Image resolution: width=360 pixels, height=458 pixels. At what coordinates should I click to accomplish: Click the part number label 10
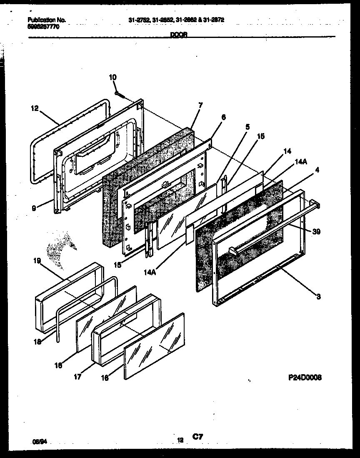pyautogui.click(x=113, y=77)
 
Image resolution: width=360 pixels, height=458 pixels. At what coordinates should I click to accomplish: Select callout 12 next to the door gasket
pyautogui.click(x=34, y=108)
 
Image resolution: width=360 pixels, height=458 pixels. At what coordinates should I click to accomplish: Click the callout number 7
pyautogui.click(x=200, y=106)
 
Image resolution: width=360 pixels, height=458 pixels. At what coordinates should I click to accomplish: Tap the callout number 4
pyautogui.click(x=317, y=170)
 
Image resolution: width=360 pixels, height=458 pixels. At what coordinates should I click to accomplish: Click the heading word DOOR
pyautogui.click(x=179, y=36)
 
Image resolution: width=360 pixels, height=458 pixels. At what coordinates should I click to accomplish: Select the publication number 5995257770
pyautogui.click(x=43, y=26)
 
